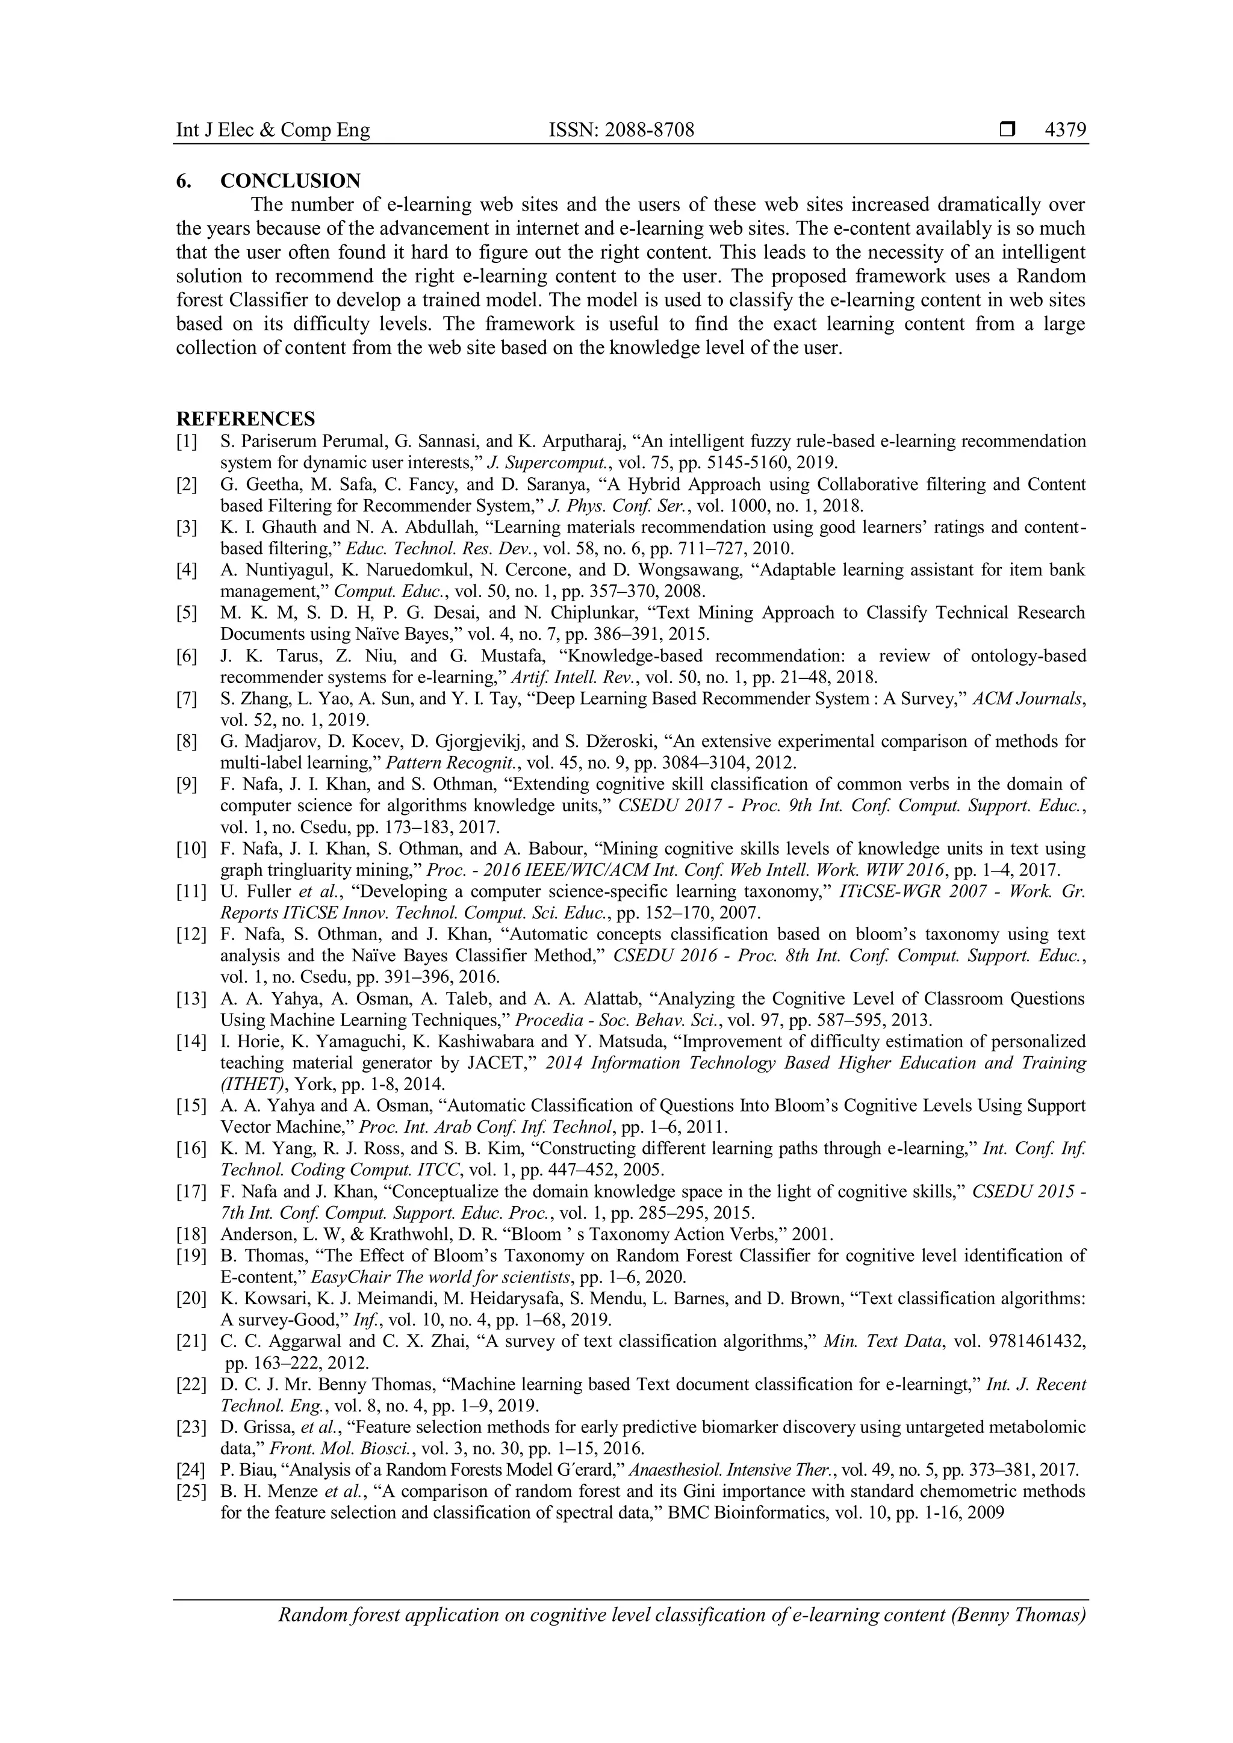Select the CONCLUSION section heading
290,181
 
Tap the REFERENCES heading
245,418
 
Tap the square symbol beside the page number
1007,131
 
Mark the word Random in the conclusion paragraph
1053,276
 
